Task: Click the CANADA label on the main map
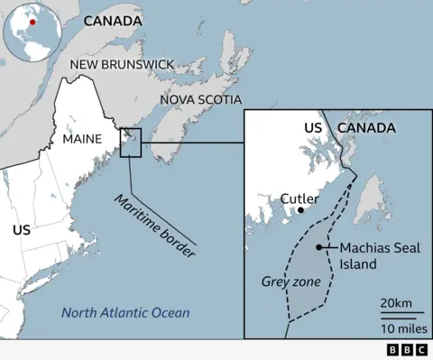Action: [x=112, y=20]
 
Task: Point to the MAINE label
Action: [x=82, y=140]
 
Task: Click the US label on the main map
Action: [x=22, y=230]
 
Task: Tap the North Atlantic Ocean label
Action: [x=125, y=313]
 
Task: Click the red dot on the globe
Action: [x=32, y=21]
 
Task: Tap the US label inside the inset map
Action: [x=312, y=128]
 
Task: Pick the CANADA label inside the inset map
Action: [x=366, y=128]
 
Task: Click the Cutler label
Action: [x=299, y=198]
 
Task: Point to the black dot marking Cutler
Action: [x=300, y=210]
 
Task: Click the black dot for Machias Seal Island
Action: [x=319, y=247]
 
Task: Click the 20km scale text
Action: [x=396, y=300]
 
